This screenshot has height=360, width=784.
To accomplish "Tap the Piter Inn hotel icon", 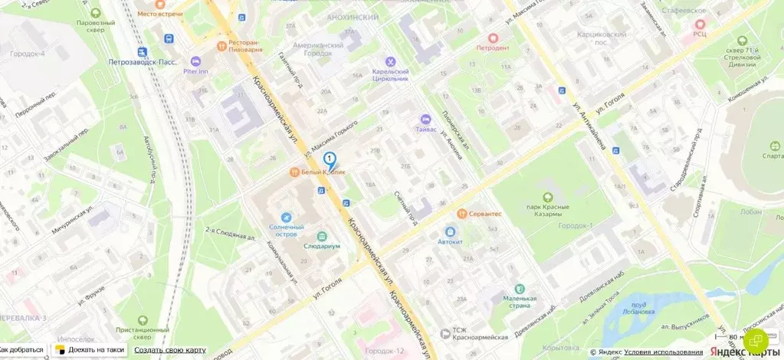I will [x=195, y=61].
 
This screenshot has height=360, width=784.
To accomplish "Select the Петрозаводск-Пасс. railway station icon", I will [x=141, y=51].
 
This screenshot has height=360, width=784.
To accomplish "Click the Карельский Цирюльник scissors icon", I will [x=391, y=62].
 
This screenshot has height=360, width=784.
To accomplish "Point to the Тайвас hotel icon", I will [x=426, y=119].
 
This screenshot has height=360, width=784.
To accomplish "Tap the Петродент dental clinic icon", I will [x=493, y=37].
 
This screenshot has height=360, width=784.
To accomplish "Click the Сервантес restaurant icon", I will [x=462, y=214].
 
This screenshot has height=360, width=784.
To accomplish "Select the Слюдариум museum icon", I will [x=320, y=236].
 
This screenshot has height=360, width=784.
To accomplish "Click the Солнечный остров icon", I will [x=286, y=218].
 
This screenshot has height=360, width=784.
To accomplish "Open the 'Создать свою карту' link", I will [x=170, y=350].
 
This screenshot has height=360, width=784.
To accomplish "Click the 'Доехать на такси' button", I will [x=90, y=350].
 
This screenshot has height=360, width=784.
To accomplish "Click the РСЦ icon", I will [x=699, y=25].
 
